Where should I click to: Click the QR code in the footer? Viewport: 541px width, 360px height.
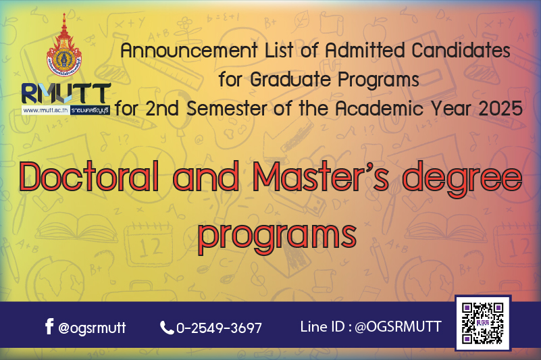pos(483,323)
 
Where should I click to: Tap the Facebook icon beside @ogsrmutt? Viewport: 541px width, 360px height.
pos(49,326)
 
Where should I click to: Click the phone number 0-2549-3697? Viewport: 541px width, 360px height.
pos(219,328)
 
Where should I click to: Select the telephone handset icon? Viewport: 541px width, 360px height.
pos(167,328)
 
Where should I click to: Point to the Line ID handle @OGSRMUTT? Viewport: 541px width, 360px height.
pos(398,326)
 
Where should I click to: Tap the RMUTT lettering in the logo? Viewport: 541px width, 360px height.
pos(66,93)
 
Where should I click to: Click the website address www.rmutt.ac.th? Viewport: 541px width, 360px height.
pos(45,111)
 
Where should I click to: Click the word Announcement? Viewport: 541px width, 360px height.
pos(189,51)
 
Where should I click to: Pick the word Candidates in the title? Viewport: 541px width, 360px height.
pos(461,51)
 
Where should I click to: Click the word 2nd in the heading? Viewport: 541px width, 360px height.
pos(162,108)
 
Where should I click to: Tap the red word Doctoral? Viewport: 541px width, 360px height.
pos(89,176)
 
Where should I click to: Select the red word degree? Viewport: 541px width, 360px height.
pos(463,180)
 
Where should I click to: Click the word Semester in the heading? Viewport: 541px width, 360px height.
pos(227,108)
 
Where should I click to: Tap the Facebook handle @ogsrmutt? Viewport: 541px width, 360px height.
pos(92,328)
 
